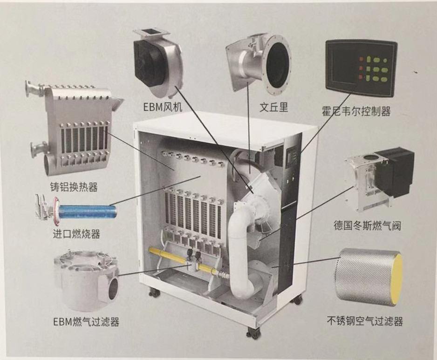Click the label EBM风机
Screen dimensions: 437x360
coord(163,107)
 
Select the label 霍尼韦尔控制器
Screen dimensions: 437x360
coord(356,111)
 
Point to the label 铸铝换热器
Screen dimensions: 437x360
coord(74,187)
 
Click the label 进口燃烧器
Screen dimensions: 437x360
coord(76,234)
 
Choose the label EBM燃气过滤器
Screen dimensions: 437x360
coord(86,322)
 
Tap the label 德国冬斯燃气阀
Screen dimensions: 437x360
coord(367,225)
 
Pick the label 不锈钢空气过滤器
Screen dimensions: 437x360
coord(365,321)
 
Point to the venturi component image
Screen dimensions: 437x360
coord(258,64)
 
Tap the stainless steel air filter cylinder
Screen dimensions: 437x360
coord(369,277)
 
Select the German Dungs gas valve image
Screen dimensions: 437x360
coord(379,179)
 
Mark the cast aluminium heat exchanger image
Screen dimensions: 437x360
coord(74,129)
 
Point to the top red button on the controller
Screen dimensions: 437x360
coord(361,59)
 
